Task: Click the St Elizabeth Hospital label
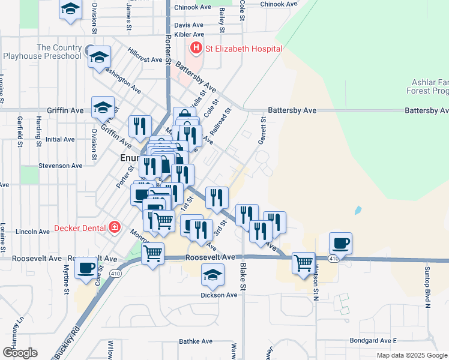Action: tap(244, 48)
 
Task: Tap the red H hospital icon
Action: tap(196, 47)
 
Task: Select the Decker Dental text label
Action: tap(80, 227)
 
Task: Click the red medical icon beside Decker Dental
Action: tap(114, 227)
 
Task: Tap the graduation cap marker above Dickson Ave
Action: tap(212, 274)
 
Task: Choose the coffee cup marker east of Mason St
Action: tap(340, 243)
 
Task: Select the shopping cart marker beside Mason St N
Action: tap(303, 262)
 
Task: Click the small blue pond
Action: tap(358, 211)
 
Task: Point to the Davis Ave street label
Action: tap(188, 25)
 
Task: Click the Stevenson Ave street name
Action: tap(60, 166)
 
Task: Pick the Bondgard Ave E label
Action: tap(373, 341)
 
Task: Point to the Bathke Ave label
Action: tap(196, 341)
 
